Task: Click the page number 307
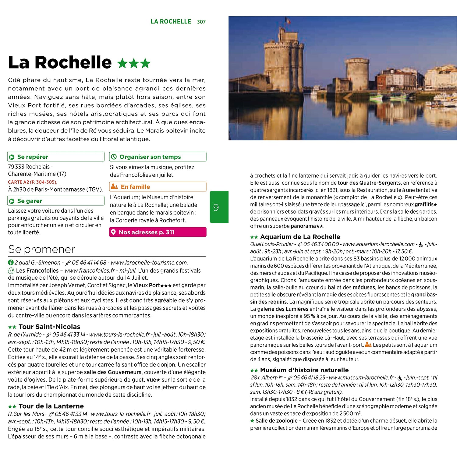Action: [201, 22]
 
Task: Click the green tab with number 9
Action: [219, 207]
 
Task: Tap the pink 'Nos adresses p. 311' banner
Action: [158, 232]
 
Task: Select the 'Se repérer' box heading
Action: [33, 157]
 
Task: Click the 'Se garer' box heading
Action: [30, 201]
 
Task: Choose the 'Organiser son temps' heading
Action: [150, 157]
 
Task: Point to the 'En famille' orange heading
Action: [135, 187]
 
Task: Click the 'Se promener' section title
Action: [41, 249]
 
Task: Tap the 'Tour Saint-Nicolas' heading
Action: [49, 327]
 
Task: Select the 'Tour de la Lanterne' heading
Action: [51, 406]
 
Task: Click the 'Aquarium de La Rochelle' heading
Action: [300, 237]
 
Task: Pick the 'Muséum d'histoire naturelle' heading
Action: [304, 370]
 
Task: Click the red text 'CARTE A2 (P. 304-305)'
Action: [33, 182]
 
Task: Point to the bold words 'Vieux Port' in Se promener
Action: [147, 285]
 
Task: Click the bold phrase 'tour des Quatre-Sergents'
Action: [369, 183]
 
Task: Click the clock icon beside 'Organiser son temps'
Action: [114, 157]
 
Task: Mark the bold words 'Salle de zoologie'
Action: [276, 421]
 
